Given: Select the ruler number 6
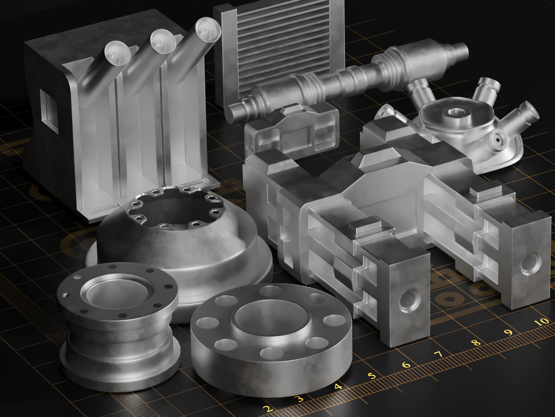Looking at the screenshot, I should pyautogui.click(x=406, y=365).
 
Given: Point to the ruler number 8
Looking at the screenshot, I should pyautogui.click(x=477, y=343).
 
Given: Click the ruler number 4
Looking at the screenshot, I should pyautogui.click(x=337, y=387).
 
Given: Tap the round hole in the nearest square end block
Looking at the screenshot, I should pyautogui.click(x=410, y=300).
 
